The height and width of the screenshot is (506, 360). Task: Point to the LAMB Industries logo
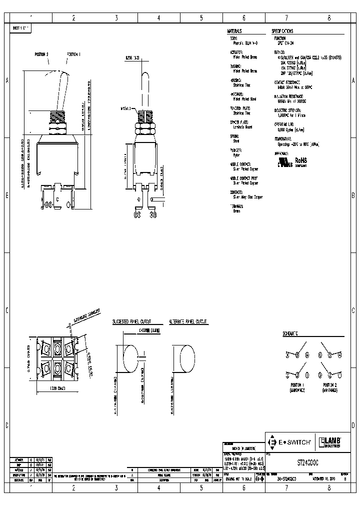tap(330, 442)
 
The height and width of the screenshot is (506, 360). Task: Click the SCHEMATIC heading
tap(290, 332)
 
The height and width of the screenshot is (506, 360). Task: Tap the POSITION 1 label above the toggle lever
tap(73, 54)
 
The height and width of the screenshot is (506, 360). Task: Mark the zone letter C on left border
tap(6, 310)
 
